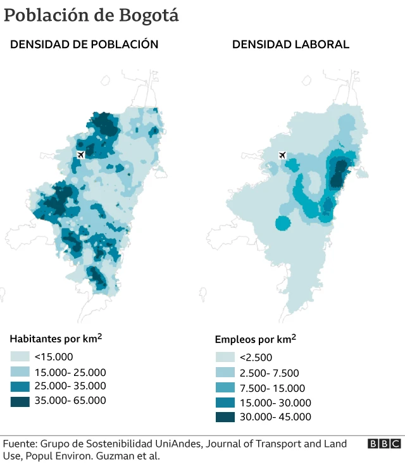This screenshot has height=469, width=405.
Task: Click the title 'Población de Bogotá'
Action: [x=91, y=16]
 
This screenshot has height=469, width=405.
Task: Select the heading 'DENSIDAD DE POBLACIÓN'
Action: [x=84, y=44]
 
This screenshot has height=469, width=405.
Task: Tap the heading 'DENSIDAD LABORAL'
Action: [x=290, y=44]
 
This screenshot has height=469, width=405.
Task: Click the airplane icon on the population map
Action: [x=80, y=154]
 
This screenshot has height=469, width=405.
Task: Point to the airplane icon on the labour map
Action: [x=282, y=155]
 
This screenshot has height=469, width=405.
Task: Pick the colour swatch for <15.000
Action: [x=20, y=356]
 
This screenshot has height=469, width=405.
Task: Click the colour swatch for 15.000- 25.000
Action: [x=20, y=372]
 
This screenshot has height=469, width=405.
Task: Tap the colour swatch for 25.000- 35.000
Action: [x=20, y=386]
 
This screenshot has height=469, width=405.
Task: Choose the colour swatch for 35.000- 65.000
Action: [x=20, y=401]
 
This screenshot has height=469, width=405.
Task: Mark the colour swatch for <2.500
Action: [x=225, y=358]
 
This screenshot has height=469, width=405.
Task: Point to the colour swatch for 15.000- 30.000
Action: [x=225, y=402]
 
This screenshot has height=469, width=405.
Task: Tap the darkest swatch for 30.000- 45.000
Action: [x=225, y=416]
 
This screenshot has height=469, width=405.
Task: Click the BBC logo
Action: [x=384, y=444]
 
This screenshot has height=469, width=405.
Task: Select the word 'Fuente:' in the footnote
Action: [x=21, y=444]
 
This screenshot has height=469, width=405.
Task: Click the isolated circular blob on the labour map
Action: [x=283, y=222]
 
